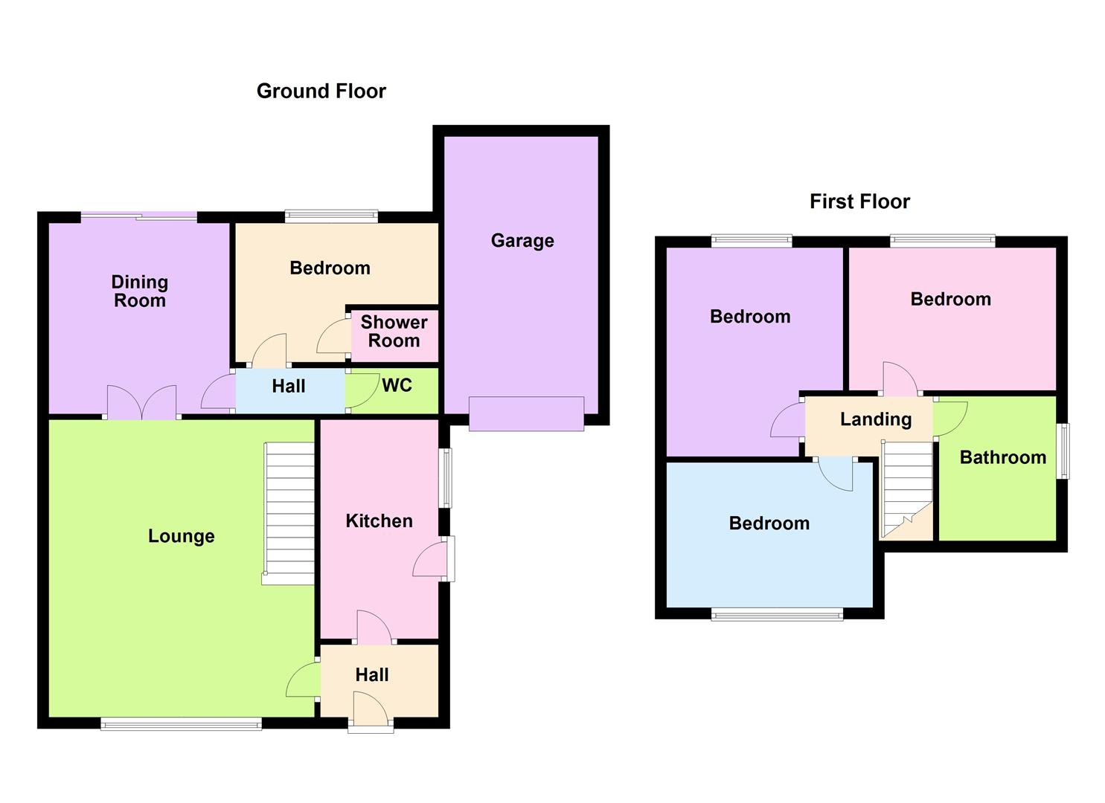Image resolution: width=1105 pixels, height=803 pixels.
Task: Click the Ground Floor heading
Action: [x=321, y=91]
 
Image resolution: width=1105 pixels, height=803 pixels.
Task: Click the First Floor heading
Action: [x=859, y=201]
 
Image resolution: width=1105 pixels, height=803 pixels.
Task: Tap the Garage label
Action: [x=522, y=241]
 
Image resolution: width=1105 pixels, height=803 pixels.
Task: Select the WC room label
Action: [x=397, y=385]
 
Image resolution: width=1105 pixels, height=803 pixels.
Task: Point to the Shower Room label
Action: [x=394, y=332]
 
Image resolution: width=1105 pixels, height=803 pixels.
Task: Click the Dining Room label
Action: [x=139, y=291]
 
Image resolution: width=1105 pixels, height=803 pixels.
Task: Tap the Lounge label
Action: [x=181, y=536]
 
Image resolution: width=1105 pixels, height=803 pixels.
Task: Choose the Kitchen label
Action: [x=379, y=520]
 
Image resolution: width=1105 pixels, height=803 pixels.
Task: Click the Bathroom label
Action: [x=1002, y=457]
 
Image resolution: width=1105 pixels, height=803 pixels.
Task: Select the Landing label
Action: [x=875, y=419]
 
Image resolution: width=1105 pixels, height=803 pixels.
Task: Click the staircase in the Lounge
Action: [x=289, y=513]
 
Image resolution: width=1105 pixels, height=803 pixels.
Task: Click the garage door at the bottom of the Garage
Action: [x=526, y=413]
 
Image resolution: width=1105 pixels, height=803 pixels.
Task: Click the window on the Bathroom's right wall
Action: [x=1065, y=451]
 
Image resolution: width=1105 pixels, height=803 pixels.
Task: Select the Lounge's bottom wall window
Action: [x=181, y=723]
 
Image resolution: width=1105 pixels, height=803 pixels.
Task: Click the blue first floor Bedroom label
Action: [x=769, y=523]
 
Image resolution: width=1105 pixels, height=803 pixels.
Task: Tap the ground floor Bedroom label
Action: [x=330, y=268]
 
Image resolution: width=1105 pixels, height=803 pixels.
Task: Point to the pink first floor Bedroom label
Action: [x=950, y=299]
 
